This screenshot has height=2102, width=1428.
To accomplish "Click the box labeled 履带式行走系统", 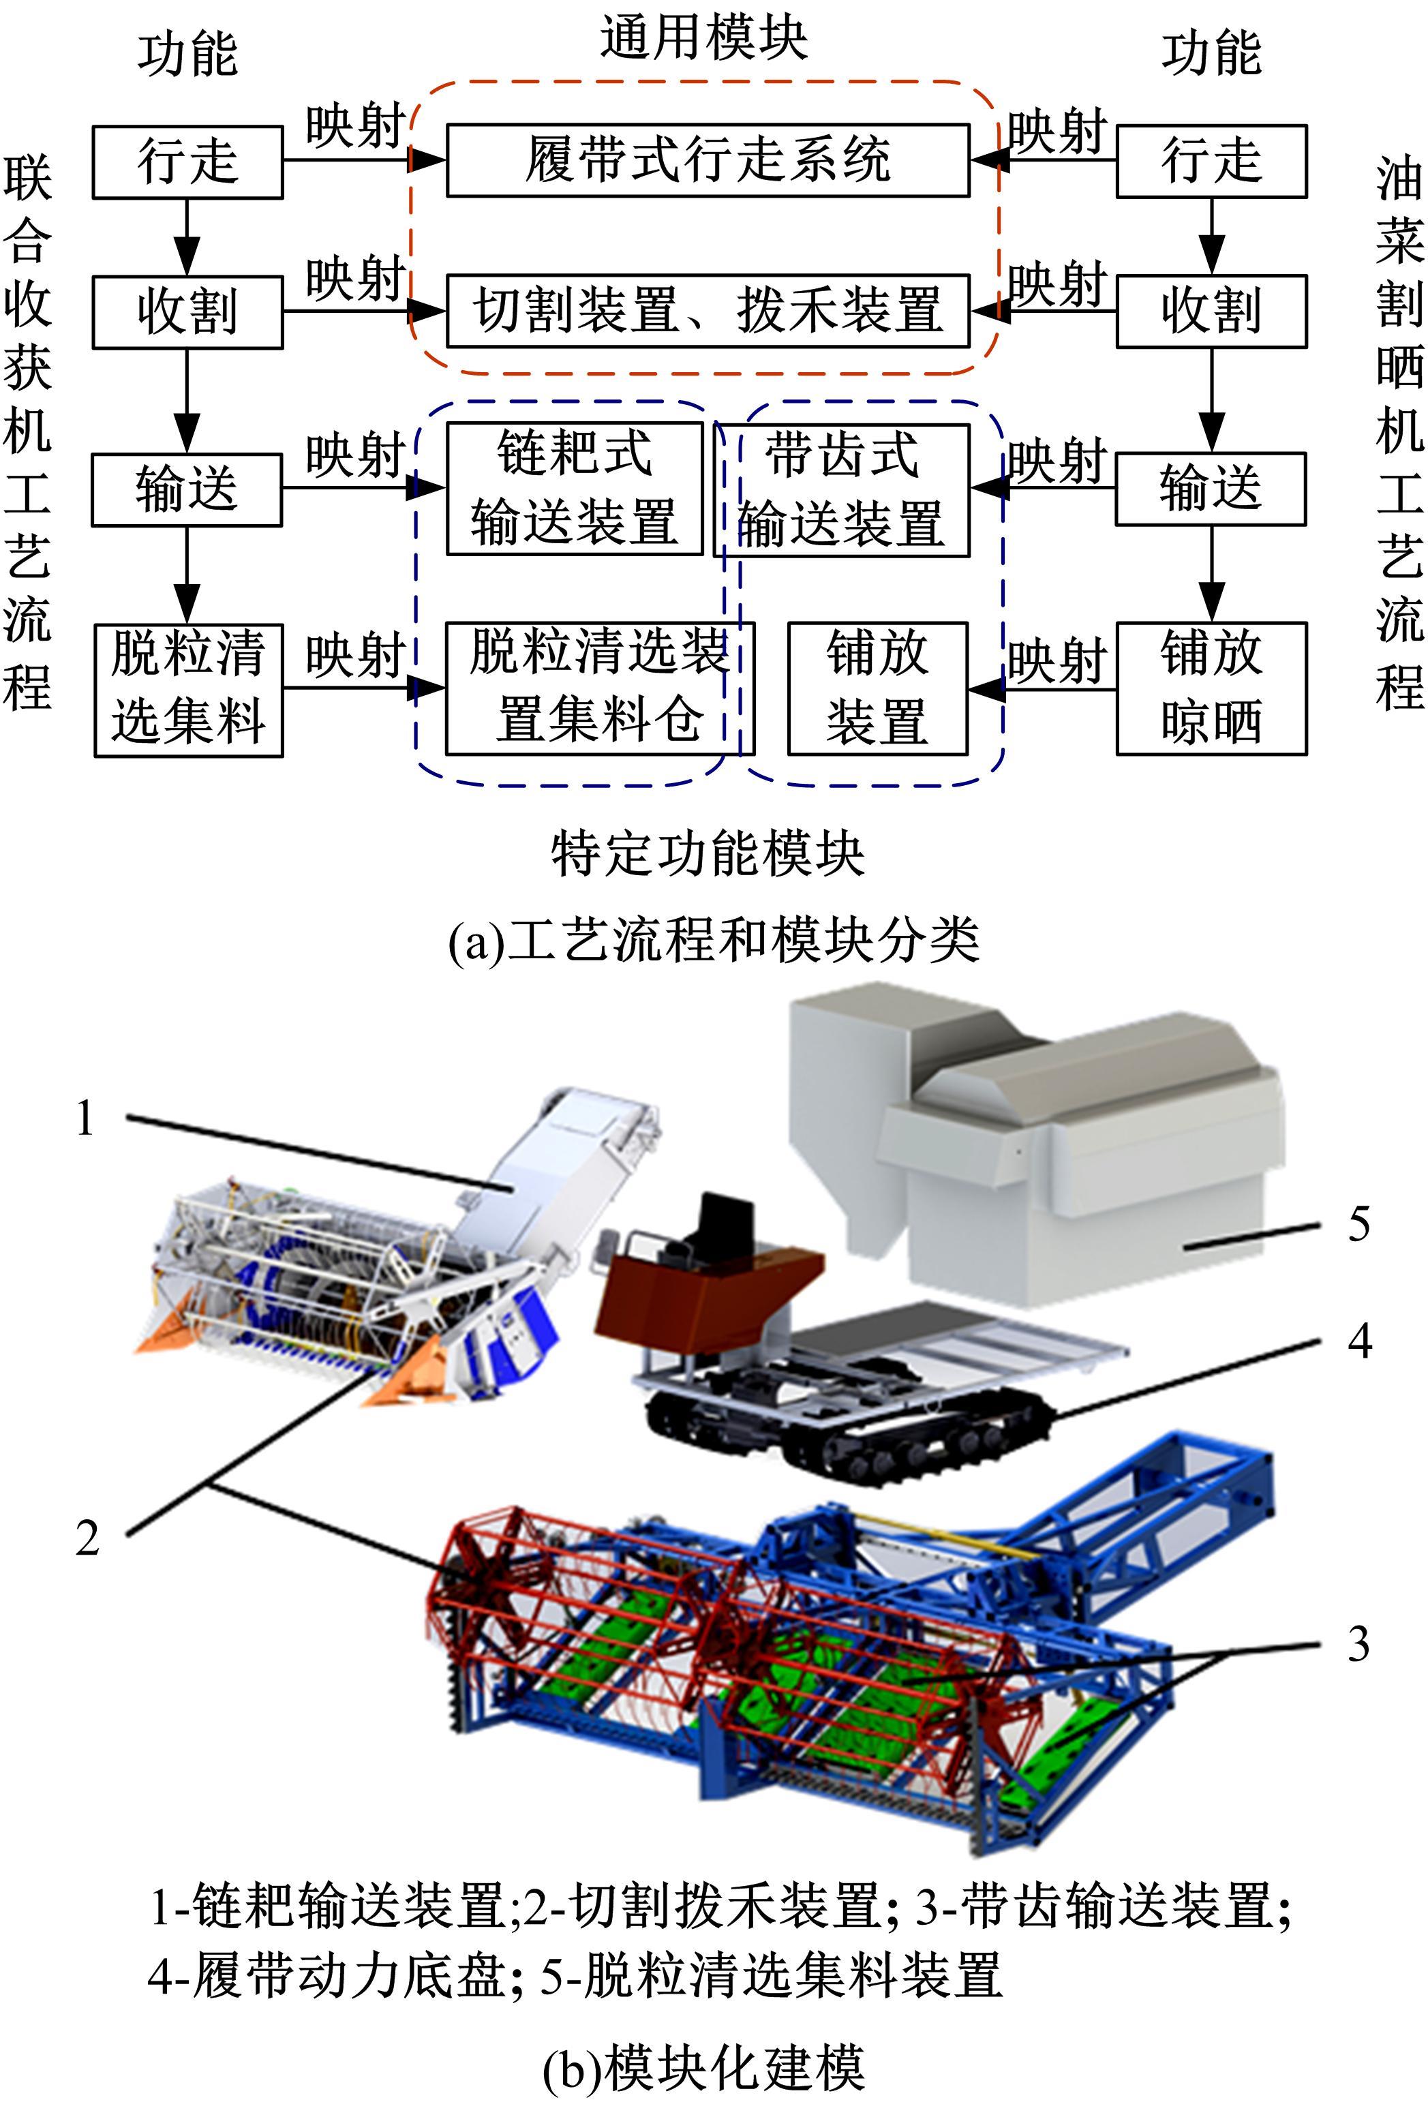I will pyautogui.click(x=708, y=160).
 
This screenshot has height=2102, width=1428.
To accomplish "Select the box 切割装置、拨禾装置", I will pyautogui.click(x=708, y=310).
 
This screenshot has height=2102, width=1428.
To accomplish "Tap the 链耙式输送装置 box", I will pyautogui.click(x=575, y=489).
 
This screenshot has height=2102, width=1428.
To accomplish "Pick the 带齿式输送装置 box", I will pyautogui.click(x=842, y=489).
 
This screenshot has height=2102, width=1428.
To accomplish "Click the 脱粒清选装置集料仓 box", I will pyautogui.click(x=598, y=688).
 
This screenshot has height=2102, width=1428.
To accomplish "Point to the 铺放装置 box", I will pyautogui.click(x=877, y=688).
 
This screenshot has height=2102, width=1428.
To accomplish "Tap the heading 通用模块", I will pyautogui.click(x=703, y=39).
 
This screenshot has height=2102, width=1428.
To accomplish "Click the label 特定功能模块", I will pyautogui.click(x=708, y=853).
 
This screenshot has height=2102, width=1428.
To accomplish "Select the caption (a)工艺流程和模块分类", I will pyautogui.click(x=714, y=941).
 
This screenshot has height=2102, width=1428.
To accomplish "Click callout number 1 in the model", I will pyautogui.click(x=85, y=1118).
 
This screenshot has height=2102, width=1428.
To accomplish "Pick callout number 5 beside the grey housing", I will pyautogui.click(x=1358, y=1223).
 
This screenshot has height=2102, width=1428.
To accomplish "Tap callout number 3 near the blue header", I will pyautogui.click(x=1358, y=1643).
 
